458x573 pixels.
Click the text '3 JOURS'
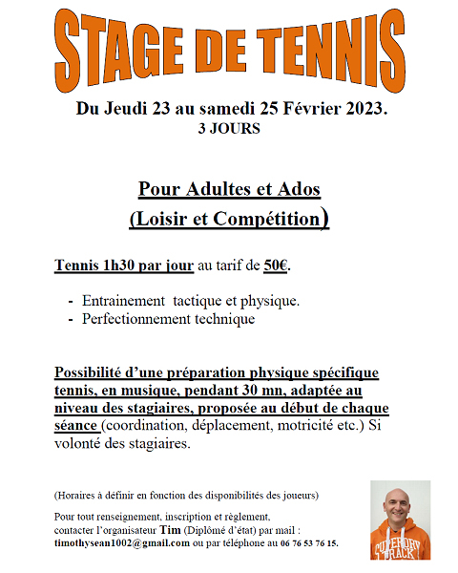228,128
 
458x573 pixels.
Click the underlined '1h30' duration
124,265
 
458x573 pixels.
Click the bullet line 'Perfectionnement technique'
169,319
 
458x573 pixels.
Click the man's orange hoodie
401,544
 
